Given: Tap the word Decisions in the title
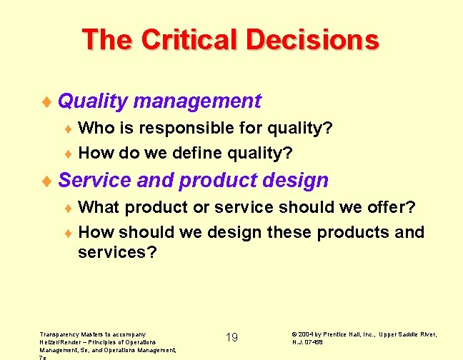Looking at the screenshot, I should coord(312,39).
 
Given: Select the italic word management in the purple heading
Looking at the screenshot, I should coord(197,101).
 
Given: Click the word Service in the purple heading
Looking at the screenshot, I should coord(94,180).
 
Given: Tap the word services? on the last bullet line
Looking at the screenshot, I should coord(117,253).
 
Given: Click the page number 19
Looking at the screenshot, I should coord(231,337).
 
